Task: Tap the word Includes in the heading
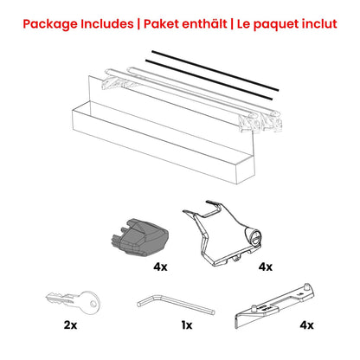(x=109, y=22)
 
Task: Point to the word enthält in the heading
(x=214, y=22)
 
